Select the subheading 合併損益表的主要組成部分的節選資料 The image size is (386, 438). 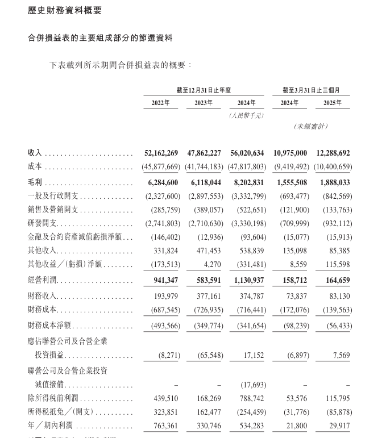100,38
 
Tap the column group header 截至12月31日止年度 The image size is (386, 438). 203,90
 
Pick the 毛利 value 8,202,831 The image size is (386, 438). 248,182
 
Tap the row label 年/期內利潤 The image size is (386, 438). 47,426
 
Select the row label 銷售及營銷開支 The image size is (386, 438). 50,210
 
